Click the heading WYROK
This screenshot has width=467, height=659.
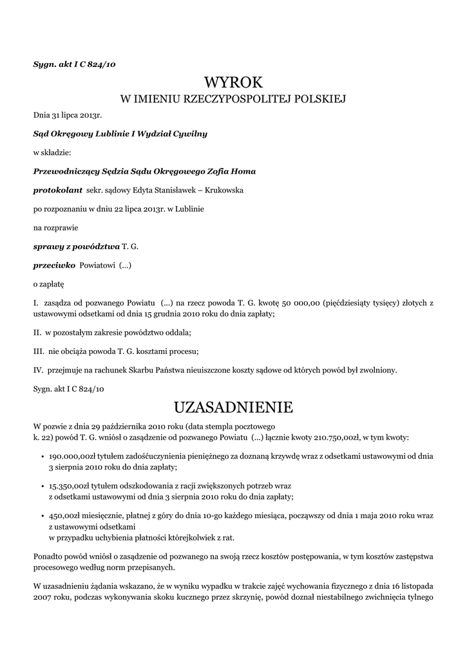[x=233, y=82]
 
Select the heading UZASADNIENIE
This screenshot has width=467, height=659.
[x=233, y=407]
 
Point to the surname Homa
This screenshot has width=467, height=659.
[x=243, y=172]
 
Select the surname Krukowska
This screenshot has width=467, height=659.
[x=221, y=190]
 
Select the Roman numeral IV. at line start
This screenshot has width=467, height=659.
[x=38, y=370]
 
